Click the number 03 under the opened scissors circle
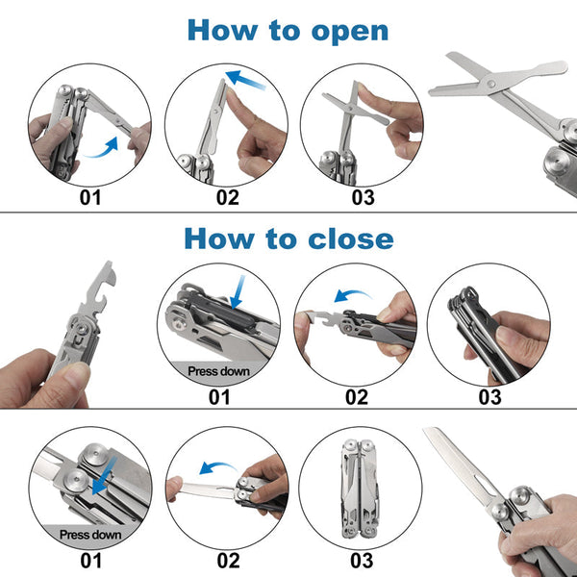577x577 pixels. point(363,200)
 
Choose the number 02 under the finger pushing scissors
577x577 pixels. point(227,200)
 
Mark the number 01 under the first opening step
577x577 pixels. point(89,200)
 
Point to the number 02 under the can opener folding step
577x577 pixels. point(355,395)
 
